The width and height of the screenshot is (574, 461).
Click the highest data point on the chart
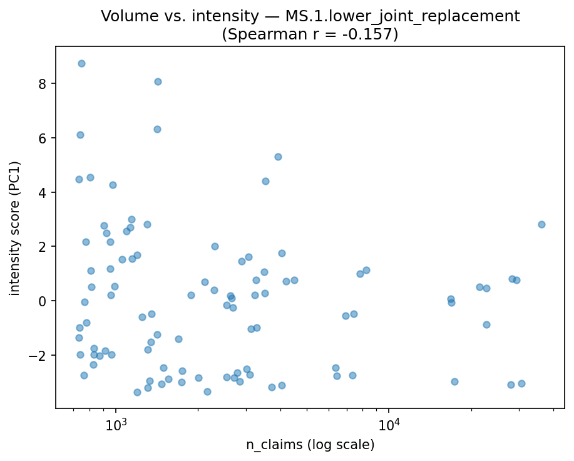(81, 63)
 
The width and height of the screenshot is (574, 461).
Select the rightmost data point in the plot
(541, 224)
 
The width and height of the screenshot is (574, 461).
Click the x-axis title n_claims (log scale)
(310, 445)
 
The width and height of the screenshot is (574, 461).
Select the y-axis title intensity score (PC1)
(15, 228)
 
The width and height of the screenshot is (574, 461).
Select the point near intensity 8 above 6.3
(158, 81)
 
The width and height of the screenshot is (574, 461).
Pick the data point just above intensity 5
(278, 157)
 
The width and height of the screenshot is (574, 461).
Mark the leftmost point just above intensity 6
(80, 135)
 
